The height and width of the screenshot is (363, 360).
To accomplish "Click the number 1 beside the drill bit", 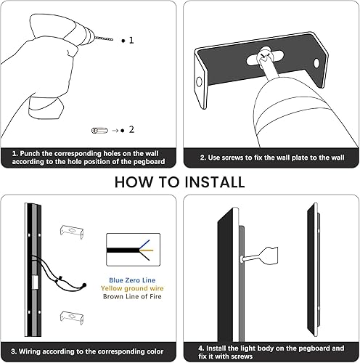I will coord(131,41).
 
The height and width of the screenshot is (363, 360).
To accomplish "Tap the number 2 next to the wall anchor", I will coord(131,130).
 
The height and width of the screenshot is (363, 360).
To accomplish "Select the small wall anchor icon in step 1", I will coord(97,130).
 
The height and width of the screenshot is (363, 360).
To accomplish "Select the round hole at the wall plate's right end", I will coord(317,64).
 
